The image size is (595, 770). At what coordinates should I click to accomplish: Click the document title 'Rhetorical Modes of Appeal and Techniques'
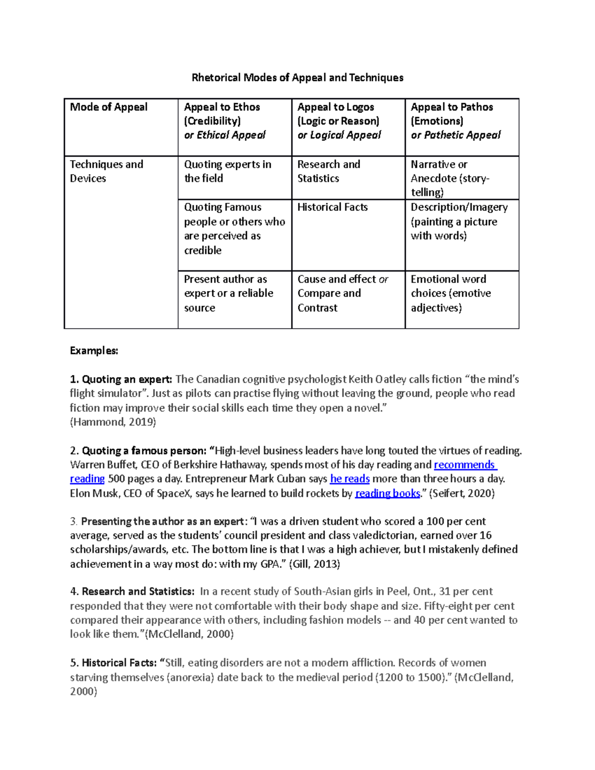(x=297, y=78)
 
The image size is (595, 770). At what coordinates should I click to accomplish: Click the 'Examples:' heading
(x=94, y=351)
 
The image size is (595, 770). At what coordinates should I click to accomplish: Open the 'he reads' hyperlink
(x=350, y=479)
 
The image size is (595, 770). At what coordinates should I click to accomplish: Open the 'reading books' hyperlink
(x=388, y=493)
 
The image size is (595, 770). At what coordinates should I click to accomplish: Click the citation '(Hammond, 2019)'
(x=113, y=422)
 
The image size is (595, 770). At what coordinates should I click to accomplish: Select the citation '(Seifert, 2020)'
(x=462, y=493)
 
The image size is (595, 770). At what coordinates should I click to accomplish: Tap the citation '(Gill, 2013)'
(x=314, y=564)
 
